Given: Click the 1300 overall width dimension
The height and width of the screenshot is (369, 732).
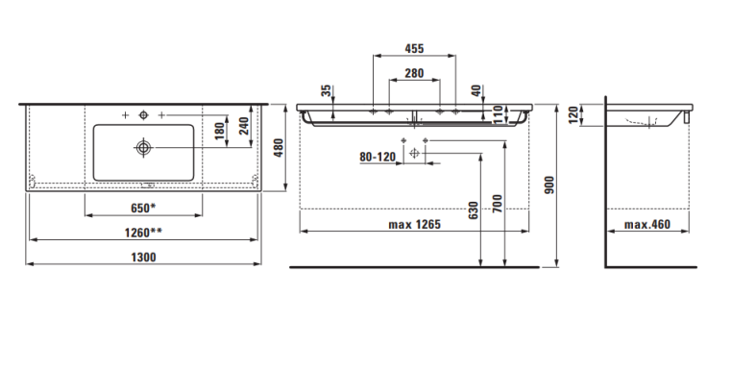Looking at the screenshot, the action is pos(143,257).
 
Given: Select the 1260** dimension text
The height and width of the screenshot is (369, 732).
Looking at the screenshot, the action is pos(143,233).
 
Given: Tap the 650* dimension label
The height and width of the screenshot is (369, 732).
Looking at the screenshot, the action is pos(143,208).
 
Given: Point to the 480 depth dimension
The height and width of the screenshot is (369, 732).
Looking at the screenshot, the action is pos(279,148).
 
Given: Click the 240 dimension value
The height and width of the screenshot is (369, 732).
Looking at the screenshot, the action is pos(244,126).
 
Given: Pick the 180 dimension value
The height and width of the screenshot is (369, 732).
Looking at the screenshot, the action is pos(219,132).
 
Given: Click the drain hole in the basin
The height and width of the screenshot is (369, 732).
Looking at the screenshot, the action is pos(143,148).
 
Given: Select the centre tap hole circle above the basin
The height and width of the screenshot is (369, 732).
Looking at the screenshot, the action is pos(143,115).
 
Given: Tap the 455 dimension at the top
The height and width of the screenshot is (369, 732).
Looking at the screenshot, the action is pos(414,48).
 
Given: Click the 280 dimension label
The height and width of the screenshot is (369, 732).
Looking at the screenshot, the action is pos(414,73).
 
